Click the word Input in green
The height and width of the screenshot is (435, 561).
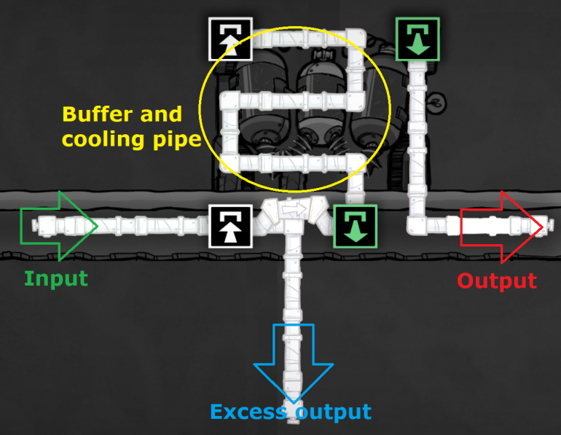(x=56, y=279)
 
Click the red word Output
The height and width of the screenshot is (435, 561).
(x=497, y=281)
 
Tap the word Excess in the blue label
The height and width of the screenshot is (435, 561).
(x=248, y=412)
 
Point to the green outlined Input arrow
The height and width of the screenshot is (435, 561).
(x=59, y=226)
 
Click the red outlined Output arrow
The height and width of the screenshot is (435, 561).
(x=501, y=227)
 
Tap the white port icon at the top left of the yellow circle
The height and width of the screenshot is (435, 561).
(x=231, y=39)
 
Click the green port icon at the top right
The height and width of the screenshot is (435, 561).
(x=417, y=39)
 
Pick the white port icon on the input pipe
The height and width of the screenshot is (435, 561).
(x=231, y=227)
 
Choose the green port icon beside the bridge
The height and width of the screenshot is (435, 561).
(x=356, y=227)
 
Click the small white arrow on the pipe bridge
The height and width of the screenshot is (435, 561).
(x=294, y=208)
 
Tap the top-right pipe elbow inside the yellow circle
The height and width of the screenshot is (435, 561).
(x=356, y=39)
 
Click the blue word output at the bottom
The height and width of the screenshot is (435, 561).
(x=334, y=412)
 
